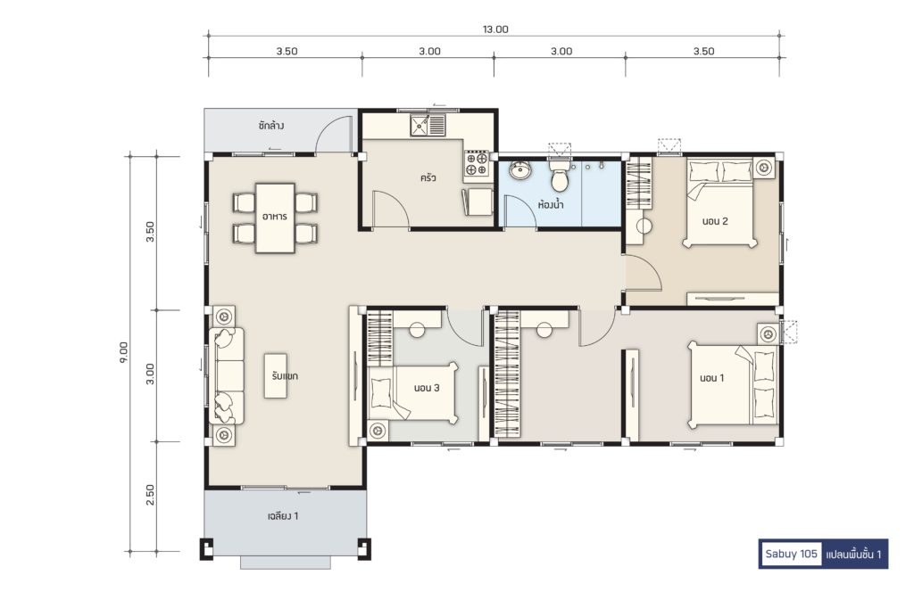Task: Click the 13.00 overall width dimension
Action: pos(494,29)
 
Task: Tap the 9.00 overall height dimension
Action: pos(123,353)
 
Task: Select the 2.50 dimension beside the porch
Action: pos(150,495)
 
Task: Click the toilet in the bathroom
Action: pos(560,177)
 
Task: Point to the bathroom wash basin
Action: pos(520,170)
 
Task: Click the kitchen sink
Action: pos(428,125)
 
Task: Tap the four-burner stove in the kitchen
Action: pos(476,163)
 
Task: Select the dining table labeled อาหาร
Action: pos(275,218)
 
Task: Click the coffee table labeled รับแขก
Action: pos(276,376)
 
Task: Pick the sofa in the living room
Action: pos(227,374)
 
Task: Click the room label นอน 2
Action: pos(715,221)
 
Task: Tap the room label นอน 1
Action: pos(711,378)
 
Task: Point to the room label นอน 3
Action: pos(427,388)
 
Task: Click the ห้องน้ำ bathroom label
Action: pos(550,204)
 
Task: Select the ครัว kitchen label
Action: pos(428,177)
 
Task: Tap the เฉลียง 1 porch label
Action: pos(283,515)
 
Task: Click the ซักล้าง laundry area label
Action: pos(271,125)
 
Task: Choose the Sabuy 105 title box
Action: pos(791,554)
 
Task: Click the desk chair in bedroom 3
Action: pos(417,330)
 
